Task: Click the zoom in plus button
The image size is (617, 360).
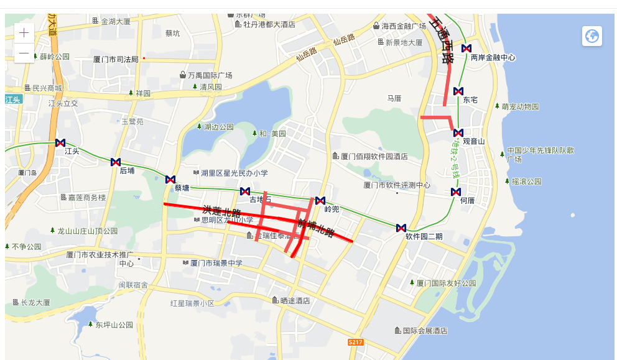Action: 24,34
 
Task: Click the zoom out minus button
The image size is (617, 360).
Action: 24,53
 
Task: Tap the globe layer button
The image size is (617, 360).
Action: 591,36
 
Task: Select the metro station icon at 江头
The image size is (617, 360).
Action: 60,143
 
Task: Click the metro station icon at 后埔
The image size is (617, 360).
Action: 116,162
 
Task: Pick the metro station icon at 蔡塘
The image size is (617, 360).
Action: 170,180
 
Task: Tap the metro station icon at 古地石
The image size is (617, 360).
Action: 245,192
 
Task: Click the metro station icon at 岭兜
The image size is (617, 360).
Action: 320,201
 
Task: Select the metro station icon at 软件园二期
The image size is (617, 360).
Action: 401,228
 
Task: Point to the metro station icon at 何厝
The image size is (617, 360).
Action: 456,192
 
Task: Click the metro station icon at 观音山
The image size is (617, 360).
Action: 458,133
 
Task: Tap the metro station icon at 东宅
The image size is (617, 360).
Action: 458,91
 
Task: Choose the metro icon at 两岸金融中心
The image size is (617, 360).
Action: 466,48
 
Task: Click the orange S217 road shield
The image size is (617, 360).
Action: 355,343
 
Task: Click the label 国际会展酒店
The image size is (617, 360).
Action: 425,331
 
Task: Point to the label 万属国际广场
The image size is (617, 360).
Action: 210,75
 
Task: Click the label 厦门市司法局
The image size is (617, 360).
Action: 116,59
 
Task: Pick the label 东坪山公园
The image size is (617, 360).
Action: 114,325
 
